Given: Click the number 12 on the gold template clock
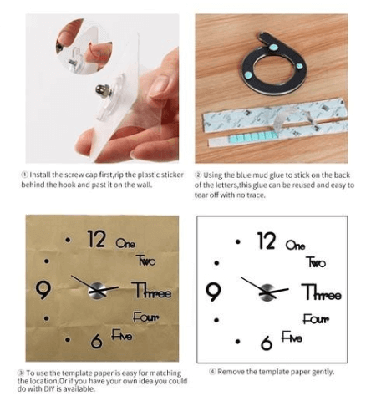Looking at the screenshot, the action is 96,239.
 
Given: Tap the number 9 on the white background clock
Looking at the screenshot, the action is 213,292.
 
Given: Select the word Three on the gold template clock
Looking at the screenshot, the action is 151,290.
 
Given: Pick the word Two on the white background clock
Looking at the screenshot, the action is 316,262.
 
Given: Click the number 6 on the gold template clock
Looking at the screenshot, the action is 96,341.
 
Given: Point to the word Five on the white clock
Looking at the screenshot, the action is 292,337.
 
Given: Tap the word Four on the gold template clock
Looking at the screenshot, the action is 146,317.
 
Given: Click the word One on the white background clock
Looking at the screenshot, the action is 296,245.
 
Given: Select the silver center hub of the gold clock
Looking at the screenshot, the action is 97,291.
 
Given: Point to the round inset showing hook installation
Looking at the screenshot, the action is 84,46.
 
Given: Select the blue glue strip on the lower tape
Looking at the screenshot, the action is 252,136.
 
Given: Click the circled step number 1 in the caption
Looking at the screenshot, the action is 24,175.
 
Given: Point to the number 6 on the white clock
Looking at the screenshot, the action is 267,343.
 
